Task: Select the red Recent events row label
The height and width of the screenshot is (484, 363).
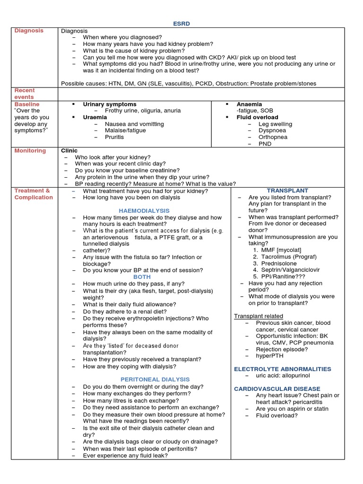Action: coord(24,94)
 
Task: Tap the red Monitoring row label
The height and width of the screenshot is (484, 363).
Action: coord(30,151)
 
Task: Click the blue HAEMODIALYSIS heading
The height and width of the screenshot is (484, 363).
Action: coord(144,211)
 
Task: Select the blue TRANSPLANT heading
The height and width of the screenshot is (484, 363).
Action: coord(287,191)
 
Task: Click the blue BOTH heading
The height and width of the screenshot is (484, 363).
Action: coord(142,277)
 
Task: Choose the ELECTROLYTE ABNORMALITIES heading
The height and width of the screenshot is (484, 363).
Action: coord(283,369)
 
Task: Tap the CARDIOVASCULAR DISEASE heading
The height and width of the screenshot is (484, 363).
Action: coord(277,389)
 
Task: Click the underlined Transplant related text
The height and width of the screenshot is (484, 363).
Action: coord(259,316)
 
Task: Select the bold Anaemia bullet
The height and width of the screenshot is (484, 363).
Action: coord(249,104)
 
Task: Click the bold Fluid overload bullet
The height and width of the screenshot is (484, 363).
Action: coord(257,117)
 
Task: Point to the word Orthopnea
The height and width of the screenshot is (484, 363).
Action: coord(273,137)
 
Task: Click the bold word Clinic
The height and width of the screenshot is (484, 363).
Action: coord(69,151)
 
